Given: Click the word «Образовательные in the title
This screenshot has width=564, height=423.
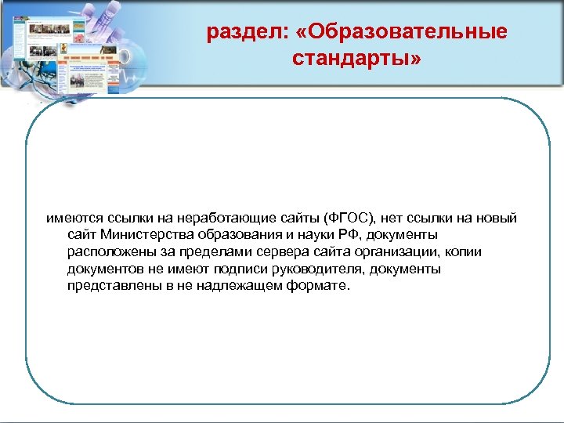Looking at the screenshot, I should click(407, 32).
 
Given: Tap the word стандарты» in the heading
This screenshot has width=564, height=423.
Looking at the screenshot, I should click(356, 59).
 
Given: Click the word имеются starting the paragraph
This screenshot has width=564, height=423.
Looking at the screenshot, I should click(73, 217).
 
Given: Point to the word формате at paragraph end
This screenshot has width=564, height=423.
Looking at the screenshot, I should click(322, 286).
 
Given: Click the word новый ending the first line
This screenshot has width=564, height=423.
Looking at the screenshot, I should click(497, 217).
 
